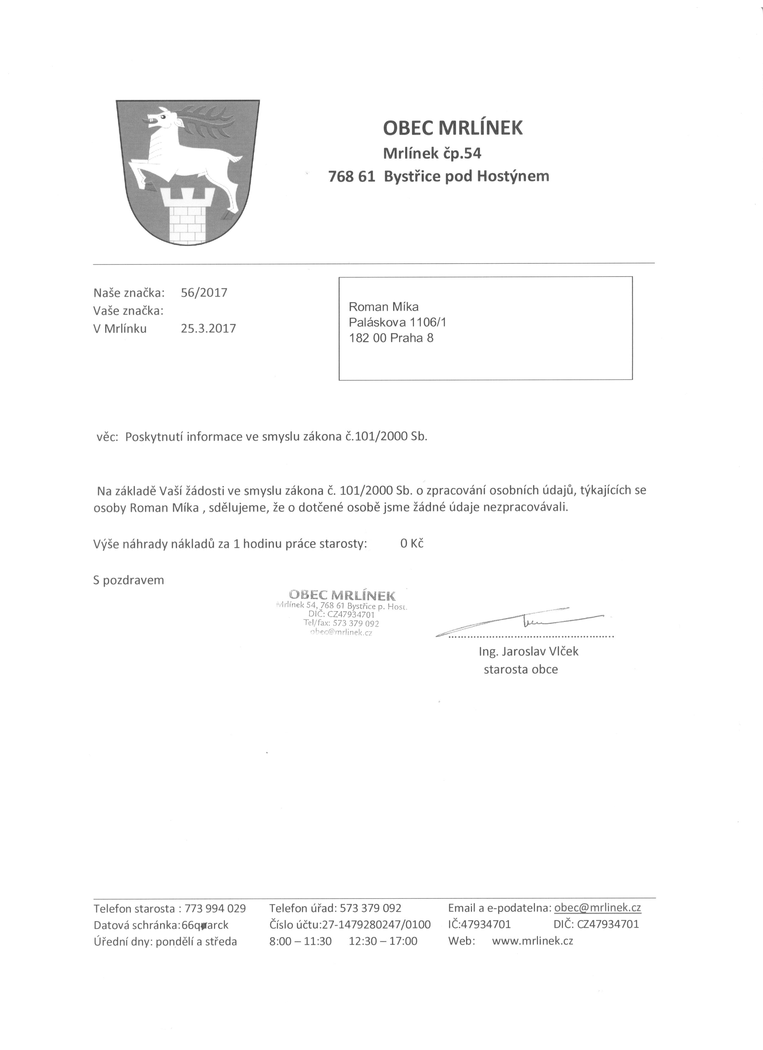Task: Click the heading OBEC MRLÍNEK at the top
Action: coord(453,128)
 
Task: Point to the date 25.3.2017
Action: coord(208,329)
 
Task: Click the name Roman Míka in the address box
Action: coord(383,307)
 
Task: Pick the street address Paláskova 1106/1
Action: coord(397,322)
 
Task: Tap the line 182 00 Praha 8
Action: coord(391,338)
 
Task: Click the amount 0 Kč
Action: coord(412,543)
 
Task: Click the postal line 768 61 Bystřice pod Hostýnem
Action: coord(438,176)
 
